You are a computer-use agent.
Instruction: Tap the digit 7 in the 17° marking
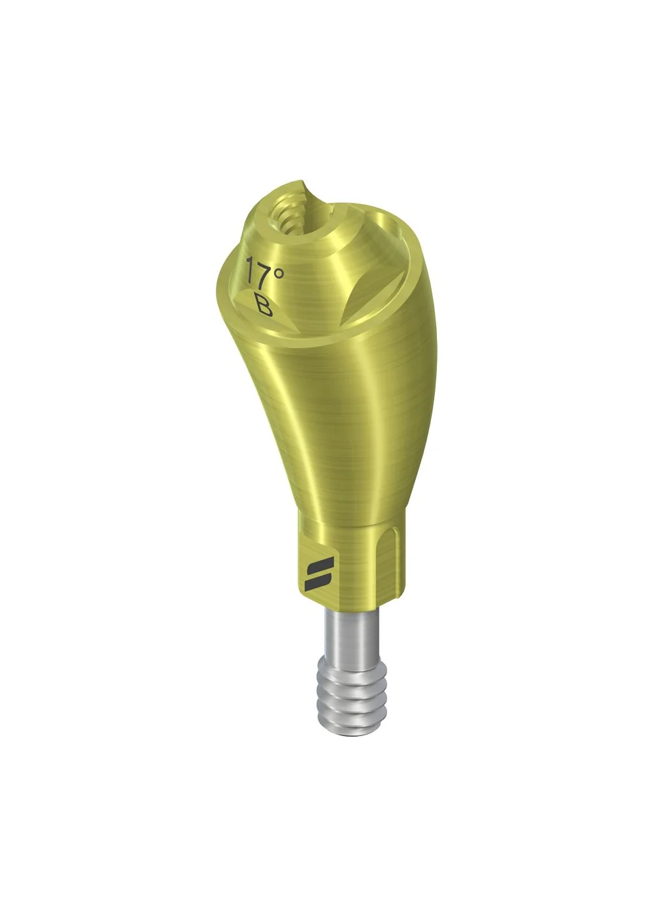pyautogui.click(x=264, y=270)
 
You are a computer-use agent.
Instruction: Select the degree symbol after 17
pyautogui.click(x=278, y=273)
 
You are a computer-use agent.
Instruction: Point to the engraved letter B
pyautogui.click(x=264, y=304)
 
